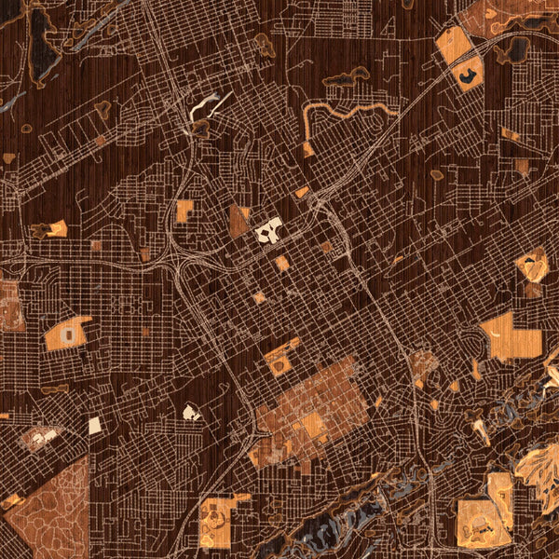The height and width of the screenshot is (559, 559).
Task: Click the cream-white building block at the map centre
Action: (x=269, y=228)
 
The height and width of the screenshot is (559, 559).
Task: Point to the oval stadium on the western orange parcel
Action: (x=67, y=333)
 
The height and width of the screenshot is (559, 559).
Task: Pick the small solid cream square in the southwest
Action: (x=95, y=426)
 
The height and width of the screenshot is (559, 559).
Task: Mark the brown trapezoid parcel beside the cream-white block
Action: (x=239, y=222)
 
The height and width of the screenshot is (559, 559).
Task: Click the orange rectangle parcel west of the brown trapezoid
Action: (x=184, y=211)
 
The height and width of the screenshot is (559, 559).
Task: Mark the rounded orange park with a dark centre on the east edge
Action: (x=532, y=266)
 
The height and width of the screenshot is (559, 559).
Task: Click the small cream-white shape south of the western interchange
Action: (x=191, y=412)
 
